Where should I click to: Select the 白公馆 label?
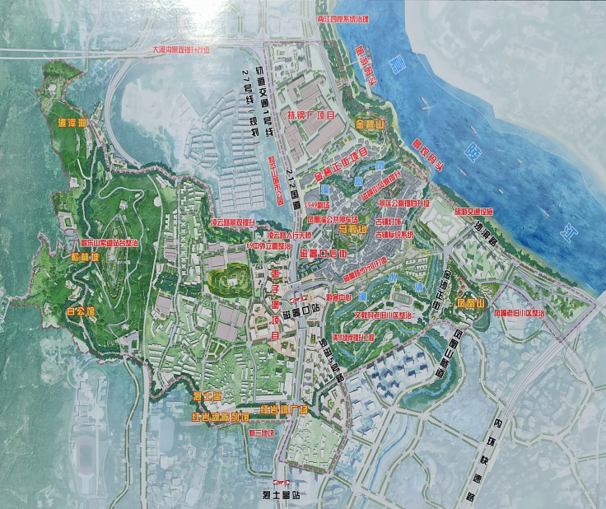(x=82, y=312)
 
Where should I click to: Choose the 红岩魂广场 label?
(x=282, y=409)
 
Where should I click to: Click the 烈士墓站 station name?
(x=282, y=497)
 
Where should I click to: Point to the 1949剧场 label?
(x=317, y=203)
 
